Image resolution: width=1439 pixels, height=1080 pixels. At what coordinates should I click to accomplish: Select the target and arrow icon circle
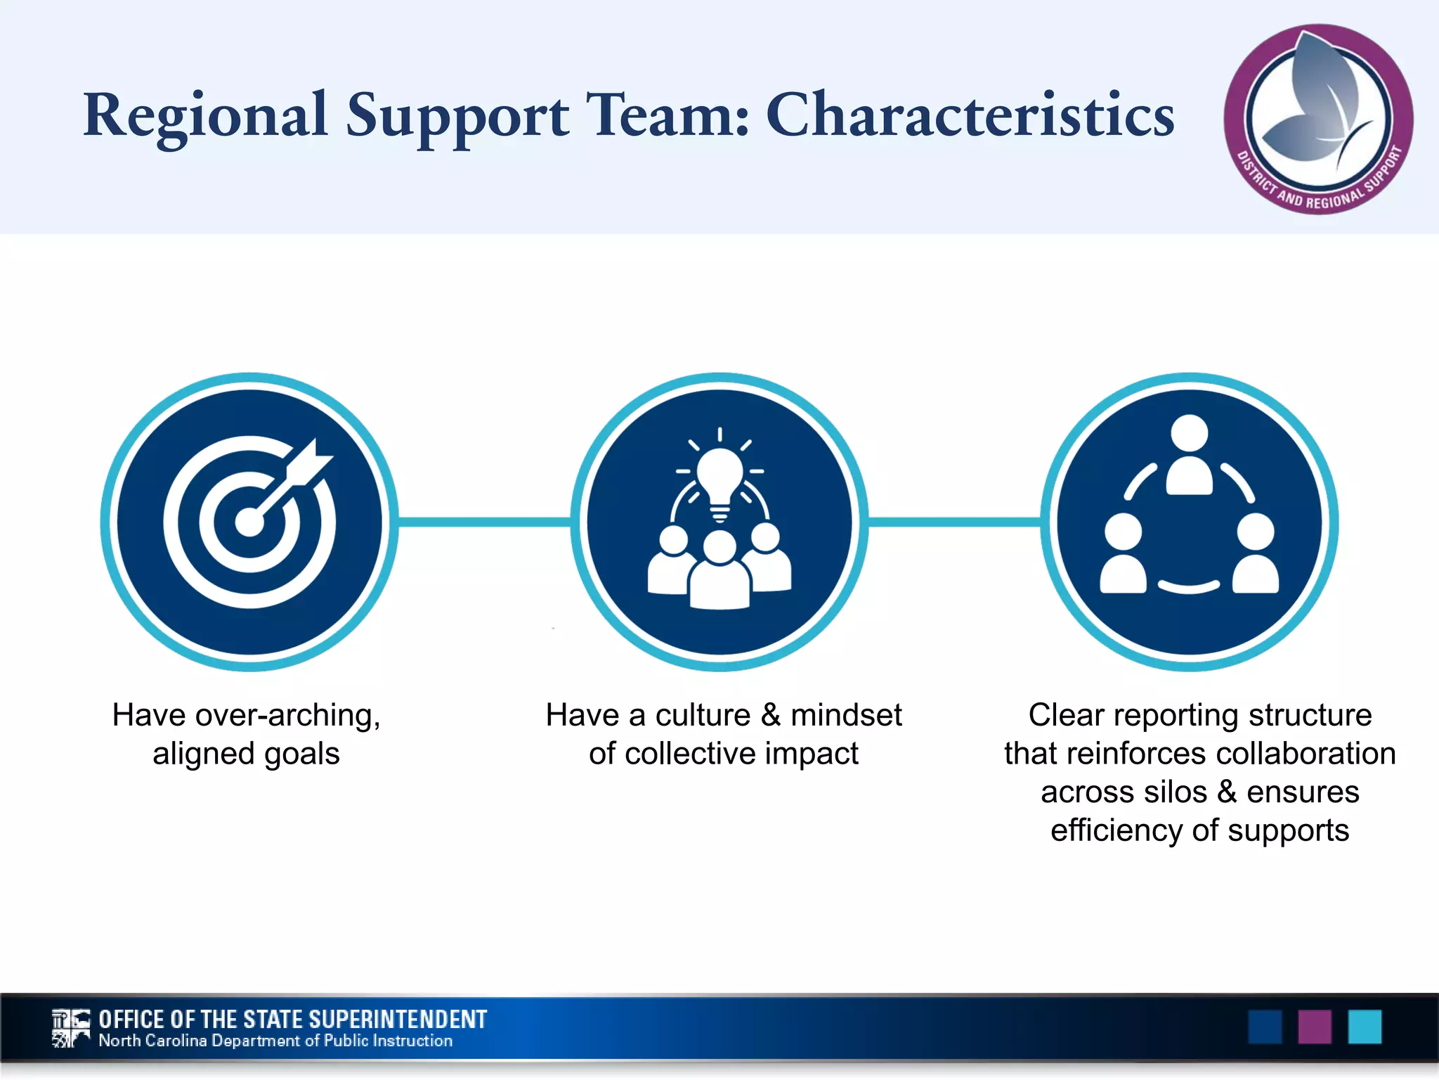point(249,522)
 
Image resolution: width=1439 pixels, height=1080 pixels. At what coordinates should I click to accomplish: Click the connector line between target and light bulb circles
point(485,522)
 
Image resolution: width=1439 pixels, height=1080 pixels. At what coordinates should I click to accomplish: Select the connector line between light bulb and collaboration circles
point(954,522)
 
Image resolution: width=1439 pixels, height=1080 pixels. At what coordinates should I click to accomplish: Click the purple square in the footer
point(1314,1027)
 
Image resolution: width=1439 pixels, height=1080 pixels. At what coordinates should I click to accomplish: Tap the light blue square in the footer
point(1365,1027)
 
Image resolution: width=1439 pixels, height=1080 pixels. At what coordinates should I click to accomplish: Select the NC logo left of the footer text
point(71,1028)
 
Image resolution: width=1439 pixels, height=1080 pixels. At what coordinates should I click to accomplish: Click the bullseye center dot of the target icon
point(249,522)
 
